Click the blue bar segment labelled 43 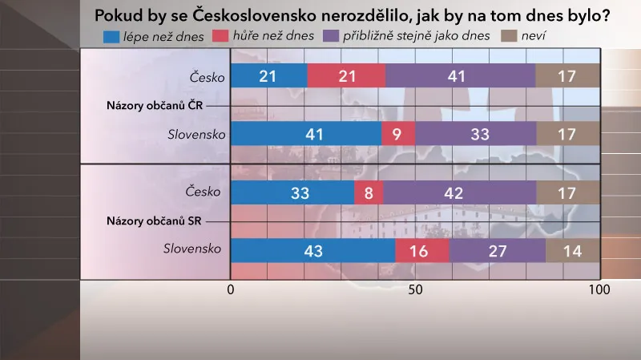click(312, 251)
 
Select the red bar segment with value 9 click(398, 134)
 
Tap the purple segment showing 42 click(459, 192)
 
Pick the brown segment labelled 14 click(572, 251)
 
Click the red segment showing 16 click(422, 251)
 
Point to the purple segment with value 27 click(498, 251)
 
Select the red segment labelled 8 click(369, 192)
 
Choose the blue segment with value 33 click(292, 192)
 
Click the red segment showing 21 click(346, 75)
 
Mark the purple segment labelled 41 click(460, 75)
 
